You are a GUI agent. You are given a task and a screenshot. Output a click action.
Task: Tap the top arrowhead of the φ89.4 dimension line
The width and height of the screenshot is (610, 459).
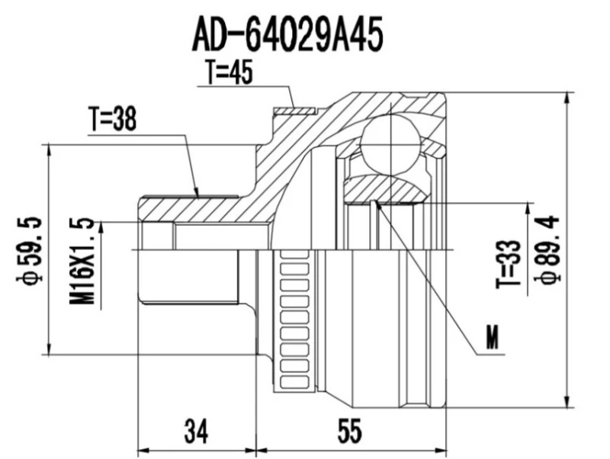[x=567, y=98]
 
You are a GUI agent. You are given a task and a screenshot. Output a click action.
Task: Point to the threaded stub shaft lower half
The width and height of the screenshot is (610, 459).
[x=191, y=278]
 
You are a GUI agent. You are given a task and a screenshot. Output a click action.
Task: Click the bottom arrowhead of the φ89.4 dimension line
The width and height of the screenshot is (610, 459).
[x=567, y=403]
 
